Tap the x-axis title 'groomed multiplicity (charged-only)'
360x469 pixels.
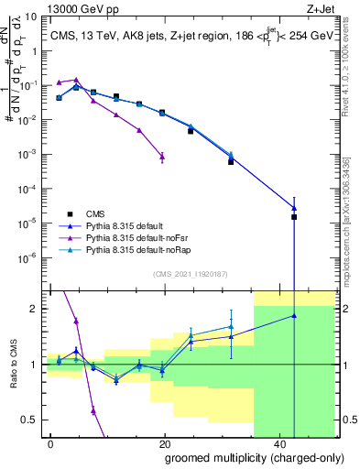(x=242, y=458)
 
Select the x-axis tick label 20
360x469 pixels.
(x=164, y=444)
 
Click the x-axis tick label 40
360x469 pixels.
(x=278, y=444)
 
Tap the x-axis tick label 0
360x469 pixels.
(x=50, y=444)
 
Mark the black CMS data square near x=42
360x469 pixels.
(x=294, y=217)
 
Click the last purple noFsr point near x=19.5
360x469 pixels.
(x=162, y=157)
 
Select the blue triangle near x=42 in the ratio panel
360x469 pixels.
(x=294, y=316)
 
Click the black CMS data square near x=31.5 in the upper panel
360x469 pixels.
(x=231, y=161)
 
